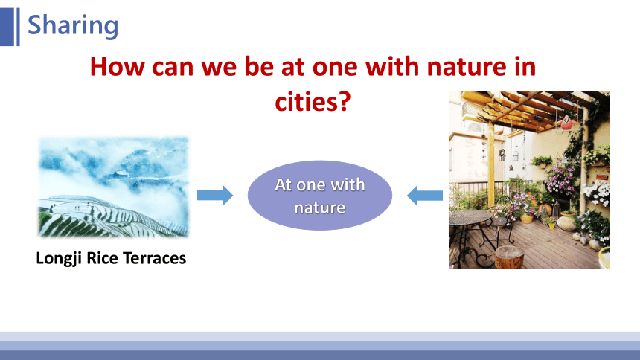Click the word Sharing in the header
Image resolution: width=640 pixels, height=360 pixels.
73,26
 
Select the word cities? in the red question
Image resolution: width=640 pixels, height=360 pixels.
313,102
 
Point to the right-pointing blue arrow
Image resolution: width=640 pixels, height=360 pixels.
215,195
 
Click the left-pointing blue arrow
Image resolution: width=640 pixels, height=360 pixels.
425,196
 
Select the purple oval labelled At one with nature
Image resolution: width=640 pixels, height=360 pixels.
320,196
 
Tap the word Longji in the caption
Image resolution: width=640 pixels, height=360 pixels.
60,259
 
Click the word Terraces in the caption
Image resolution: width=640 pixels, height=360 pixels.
154,258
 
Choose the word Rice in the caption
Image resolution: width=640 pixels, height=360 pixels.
103,258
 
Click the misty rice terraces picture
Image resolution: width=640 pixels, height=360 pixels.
113,187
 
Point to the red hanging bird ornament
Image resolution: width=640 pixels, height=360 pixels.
566,123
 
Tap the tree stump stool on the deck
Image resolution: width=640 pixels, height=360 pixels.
509,257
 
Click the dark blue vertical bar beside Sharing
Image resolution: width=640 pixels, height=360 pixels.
7,27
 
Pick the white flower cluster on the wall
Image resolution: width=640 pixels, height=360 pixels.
597,193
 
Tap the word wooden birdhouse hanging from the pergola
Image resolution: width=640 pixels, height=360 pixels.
502,154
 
